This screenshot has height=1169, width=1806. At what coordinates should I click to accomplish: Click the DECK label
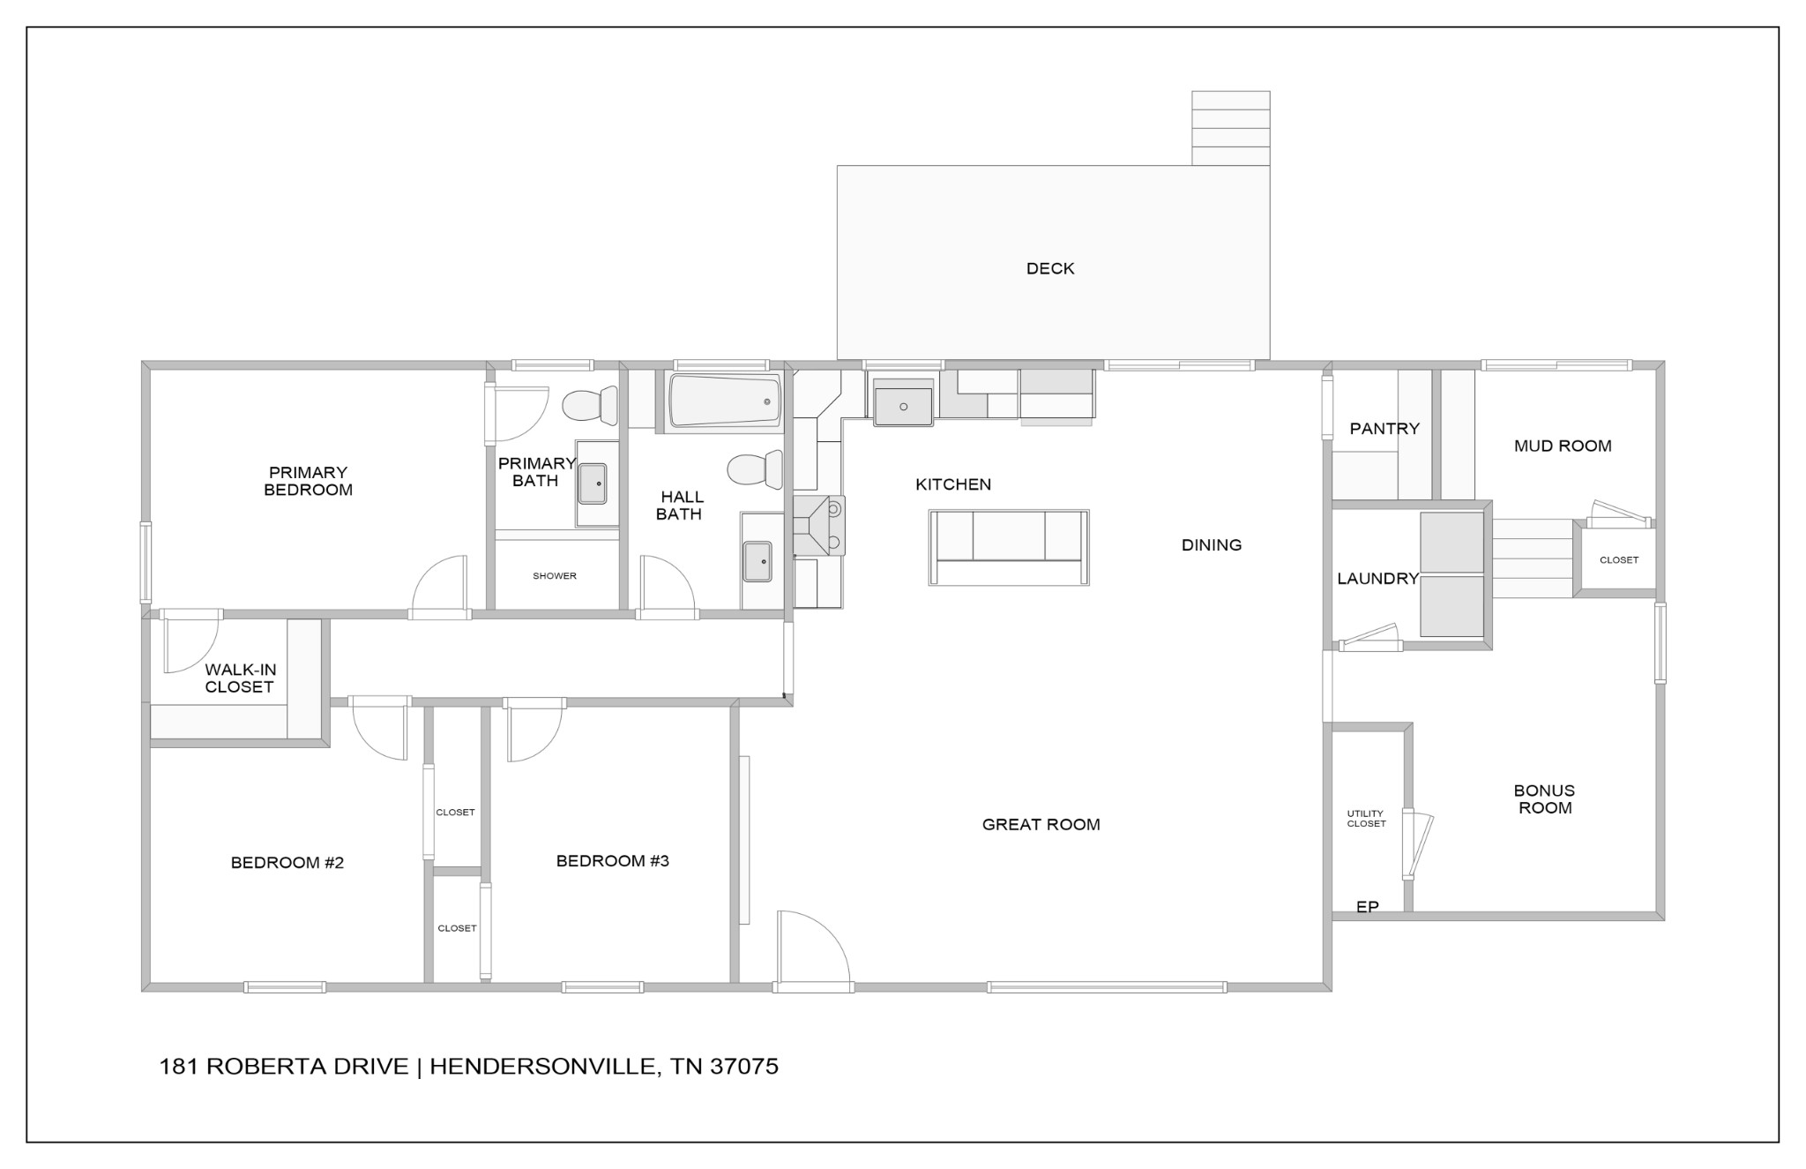tap(1049, 268)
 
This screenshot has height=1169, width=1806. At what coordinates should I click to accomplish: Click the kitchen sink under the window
tap(903, 404)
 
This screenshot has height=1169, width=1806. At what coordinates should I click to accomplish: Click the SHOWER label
tap(555, 576)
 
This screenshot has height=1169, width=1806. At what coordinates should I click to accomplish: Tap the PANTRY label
tap(1384, 429)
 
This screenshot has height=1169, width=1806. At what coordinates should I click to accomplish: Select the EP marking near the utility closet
tap(1367, 907)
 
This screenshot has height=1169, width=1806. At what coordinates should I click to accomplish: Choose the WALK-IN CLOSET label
tap(239, 678)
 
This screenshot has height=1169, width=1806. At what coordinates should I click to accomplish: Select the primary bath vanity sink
tap(593, 483)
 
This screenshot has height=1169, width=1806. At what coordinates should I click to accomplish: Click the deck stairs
tap(1230, 128)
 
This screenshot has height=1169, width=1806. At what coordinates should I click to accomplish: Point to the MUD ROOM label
tap(1562, 446)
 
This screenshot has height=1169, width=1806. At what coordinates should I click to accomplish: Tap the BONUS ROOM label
tap(1544, 799)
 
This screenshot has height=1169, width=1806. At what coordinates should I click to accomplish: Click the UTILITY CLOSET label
tap(1366, 819)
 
